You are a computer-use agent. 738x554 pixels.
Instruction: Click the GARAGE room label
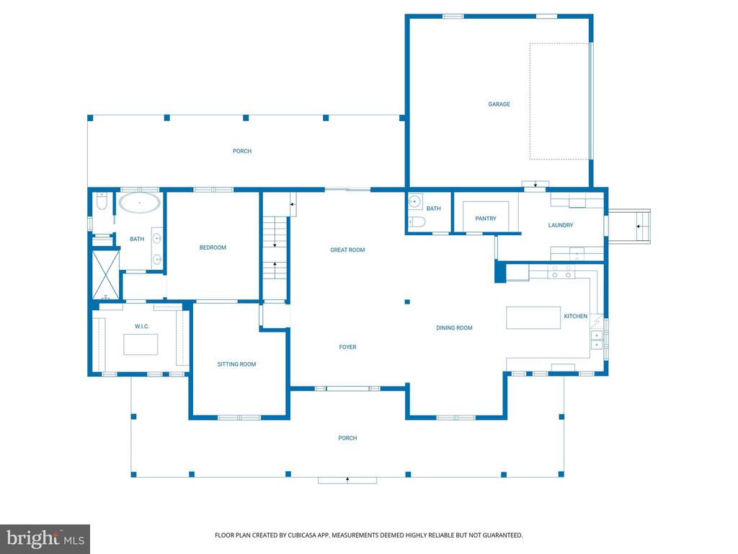[x=499, y=104]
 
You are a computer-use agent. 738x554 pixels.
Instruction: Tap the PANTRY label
[x=486, y=219]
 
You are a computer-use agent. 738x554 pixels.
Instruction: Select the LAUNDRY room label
[x=561, y=225]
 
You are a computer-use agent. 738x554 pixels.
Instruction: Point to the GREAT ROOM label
[x=347, y=250]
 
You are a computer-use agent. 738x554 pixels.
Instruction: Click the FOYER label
[x=348, y=347]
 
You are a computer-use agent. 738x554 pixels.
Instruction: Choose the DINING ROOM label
[x=454, y=328]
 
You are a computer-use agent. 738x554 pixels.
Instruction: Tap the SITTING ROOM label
[x=236, y=364]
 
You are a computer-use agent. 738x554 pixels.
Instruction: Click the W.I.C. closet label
[x=142, y=327]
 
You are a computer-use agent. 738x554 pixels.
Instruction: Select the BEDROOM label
[x=213, y=248]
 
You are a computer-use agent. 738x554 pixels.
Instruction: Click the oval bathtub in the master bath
[x=139, y=203]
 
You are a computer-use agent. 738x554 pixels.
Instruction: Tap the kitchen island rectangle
[x=533, y=318]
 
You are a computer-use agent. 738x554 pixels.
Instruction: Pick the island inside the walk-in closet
[x=141, y=344]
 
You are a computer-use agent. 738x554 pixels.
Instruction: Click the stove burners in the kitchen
[x=561, y=272]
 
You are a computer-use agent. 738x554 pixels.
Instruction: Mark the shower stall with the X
[x=105, y=275]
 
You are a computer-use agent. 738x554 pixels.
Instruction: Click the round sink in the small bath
[x=414, y=202]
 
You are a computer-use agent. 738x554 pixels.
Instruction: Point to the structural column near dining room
[x=407, y=302]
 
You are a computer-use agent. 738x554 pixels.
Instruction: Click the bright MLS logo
[x=45, y=539]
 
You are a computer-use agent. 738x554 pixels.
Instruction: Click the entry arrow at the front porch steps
[x=347, y=480]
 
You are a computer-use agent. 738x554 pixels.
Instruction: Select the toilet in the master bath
[x=102, y=202]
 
